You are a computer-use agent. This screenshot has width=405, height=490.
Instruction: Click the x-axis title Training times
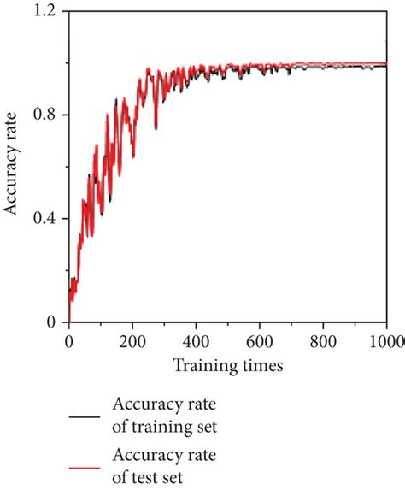[x=227, y=364]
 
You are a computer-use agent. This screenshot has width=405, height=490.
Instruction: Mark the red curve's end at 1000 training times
[x=386, y=63]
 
